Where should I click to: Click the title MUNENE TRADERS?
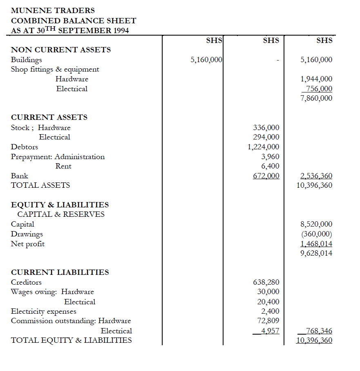pos(53,10)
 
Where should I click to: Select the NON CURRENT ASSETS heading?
pos(61,50)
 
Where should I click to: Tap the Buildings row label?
pos(27,60)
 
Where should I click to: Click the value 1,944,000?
pos(316,79)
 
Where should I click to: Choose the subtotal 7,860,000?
pos(316,98)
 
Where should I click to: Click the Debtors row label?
pos(25,147)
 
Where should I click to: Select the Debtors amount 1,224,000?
pos(264,147)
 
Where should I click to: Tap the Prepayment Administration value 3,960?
pos(270,157)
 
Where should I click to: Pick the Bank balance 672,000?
pos(266,176)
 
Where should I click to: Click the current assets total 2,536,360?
pos(316,176)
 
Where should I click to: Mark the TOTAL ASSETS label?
pos(40,185)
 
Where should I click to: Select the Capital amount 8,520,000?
pos(316,224)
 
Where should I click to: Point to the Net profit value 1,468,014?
pos(316,244)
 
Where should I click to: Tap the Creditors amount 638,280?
pos(266,282)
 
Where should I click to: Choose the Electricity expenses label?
pos(43,311)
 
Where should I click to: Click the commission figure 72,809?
pos(269,321)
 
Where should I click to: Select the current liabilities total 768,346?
pos(319,331)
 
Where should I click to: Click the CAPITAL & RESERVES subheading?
pos(61,214)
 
